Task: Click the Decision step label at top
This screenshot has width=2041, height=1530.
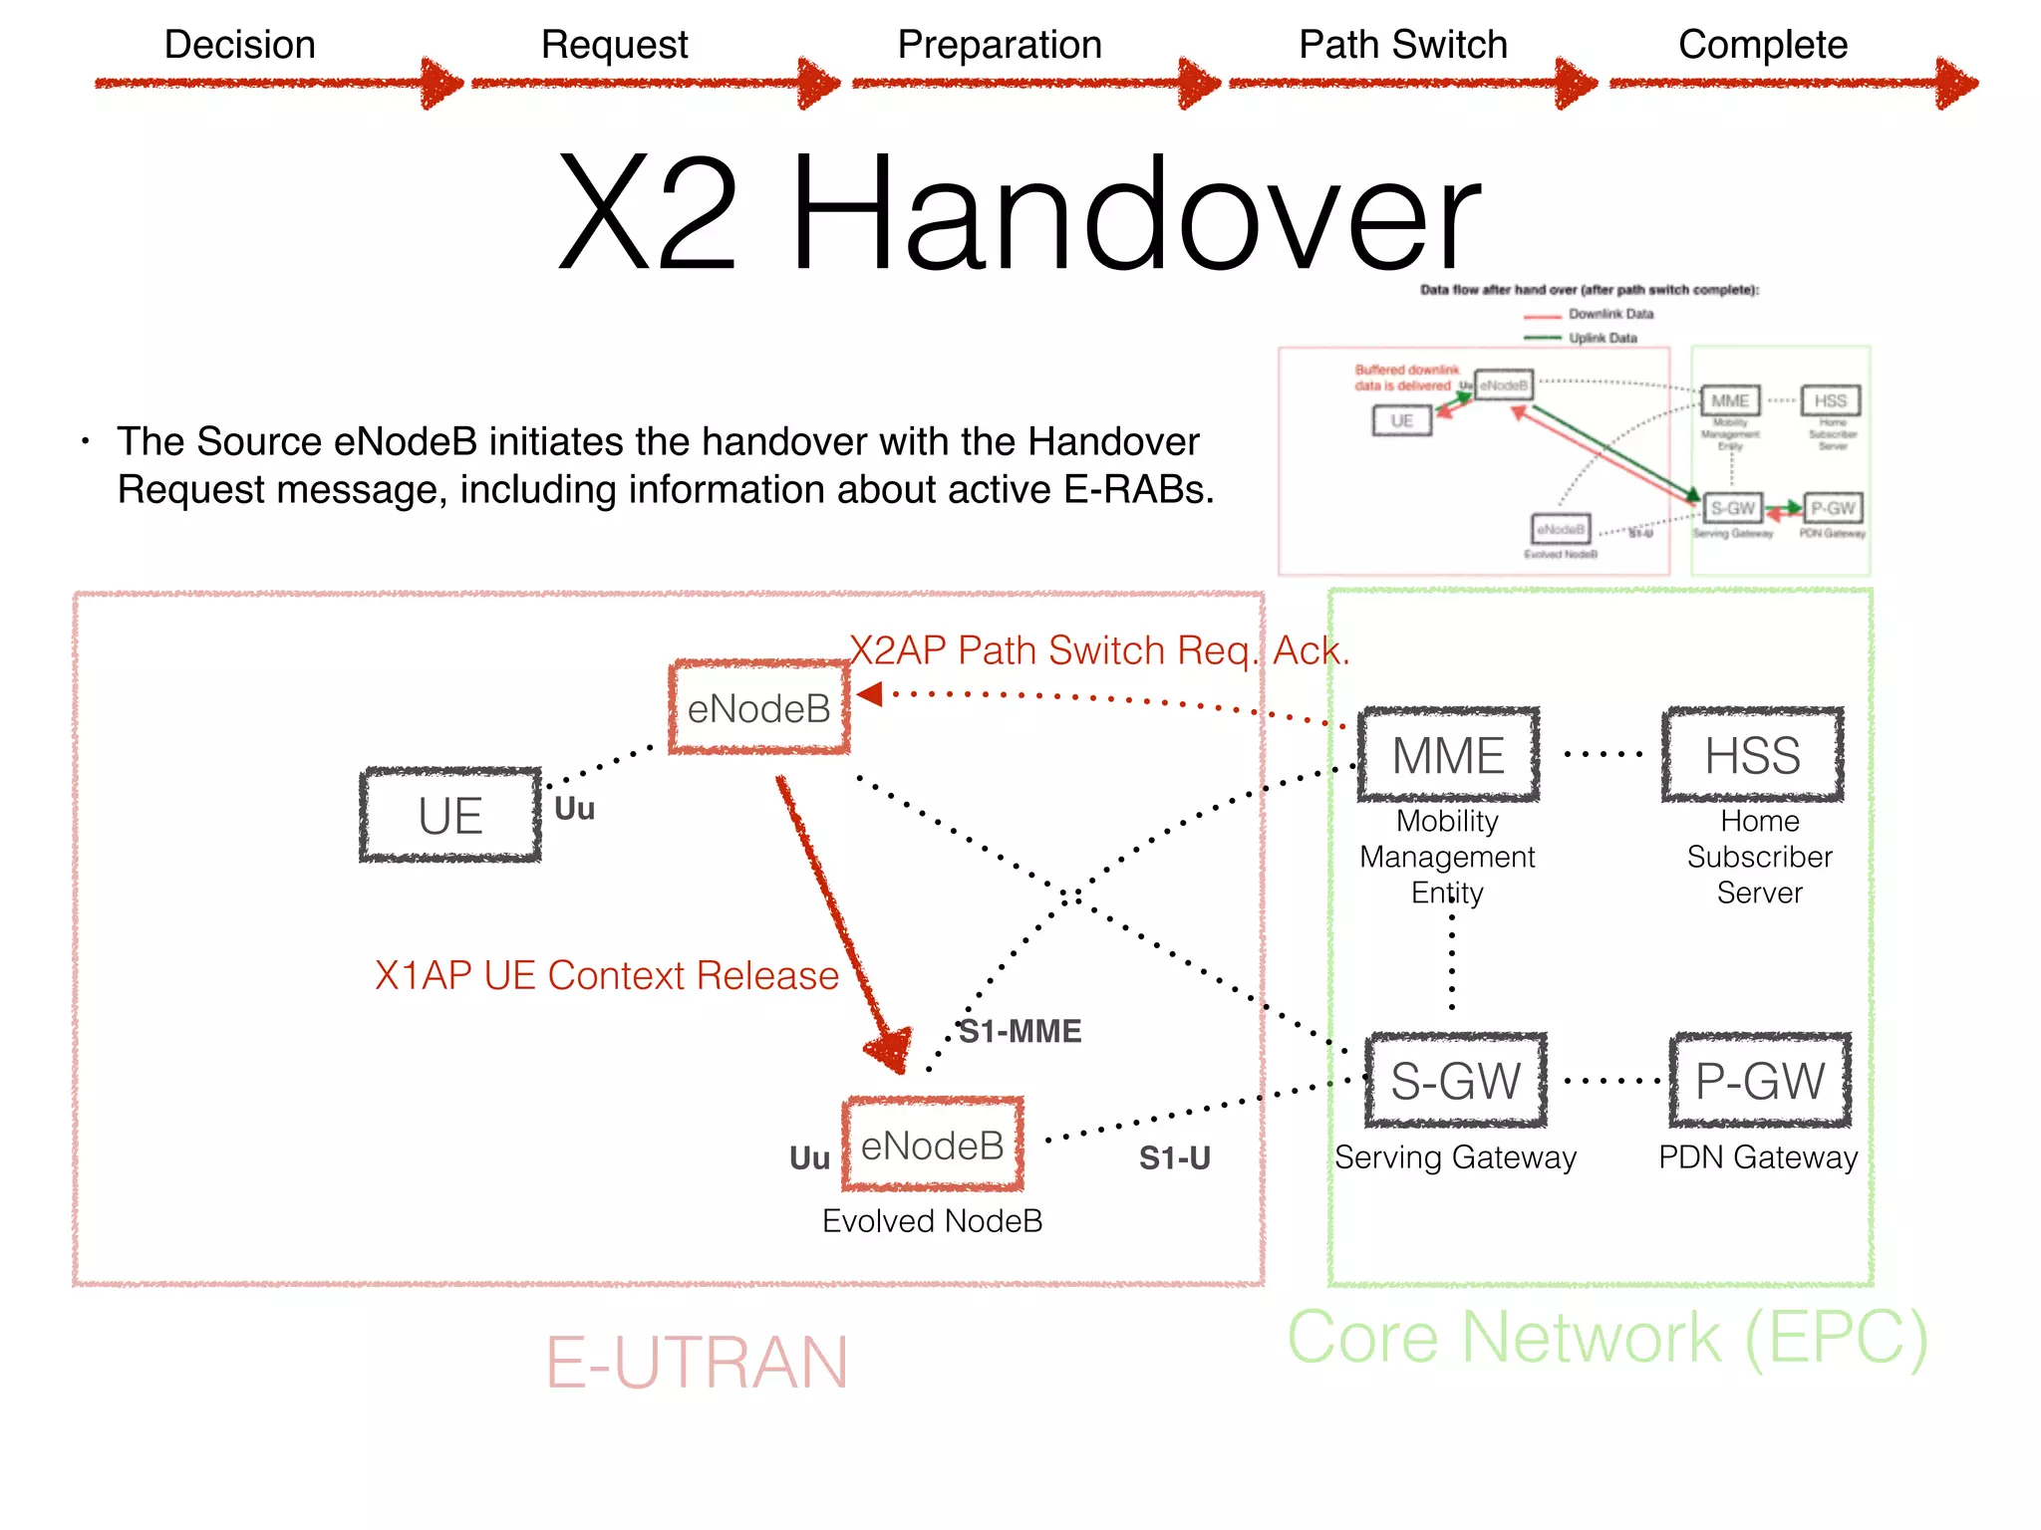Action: point(239,45)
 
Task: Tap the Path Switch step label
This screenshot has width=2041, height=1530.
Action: point(1402,45)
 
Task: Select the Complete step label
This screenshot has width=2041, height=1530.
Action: point(1762,45)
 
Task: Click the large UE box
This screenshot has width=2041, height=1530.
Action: point(450,816)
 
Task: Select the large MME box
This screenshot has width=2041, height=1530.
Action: point(1448,755)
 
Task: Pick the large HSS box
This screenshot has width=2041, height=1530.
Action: point(1752,755)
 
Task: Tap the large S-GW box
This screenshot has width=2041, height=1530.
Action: point(1455,1081)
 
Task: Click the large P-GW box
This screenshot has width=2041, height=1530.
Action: point(1760,1081)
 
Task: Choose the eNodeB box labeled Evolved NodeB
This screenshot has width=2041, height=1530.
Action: point(933,1146)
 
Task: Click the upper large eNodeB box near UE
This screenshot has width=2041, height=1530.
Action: point(759,708)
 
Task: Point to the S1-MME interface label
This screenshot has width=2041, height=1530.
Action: point(1020,1031)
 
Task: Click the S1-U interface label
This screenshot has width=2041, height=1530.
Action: point(1174,1157)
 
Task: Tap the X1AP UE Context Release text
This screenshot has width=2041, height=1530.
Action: point(606,975)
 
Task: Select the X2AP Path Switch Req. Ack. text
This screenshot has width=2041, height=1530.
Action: point(1098,650)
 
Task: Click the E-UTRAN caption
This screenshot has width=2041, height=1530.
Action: point(696,1363)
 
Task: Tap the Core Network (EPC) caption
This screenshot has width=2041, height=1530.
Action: point(1606,1338)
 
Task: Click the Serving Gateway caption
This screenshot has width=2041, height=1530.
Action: point(1455,1157)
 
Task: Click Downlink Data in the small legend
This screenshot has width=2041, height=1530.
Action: point(1609,314)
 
